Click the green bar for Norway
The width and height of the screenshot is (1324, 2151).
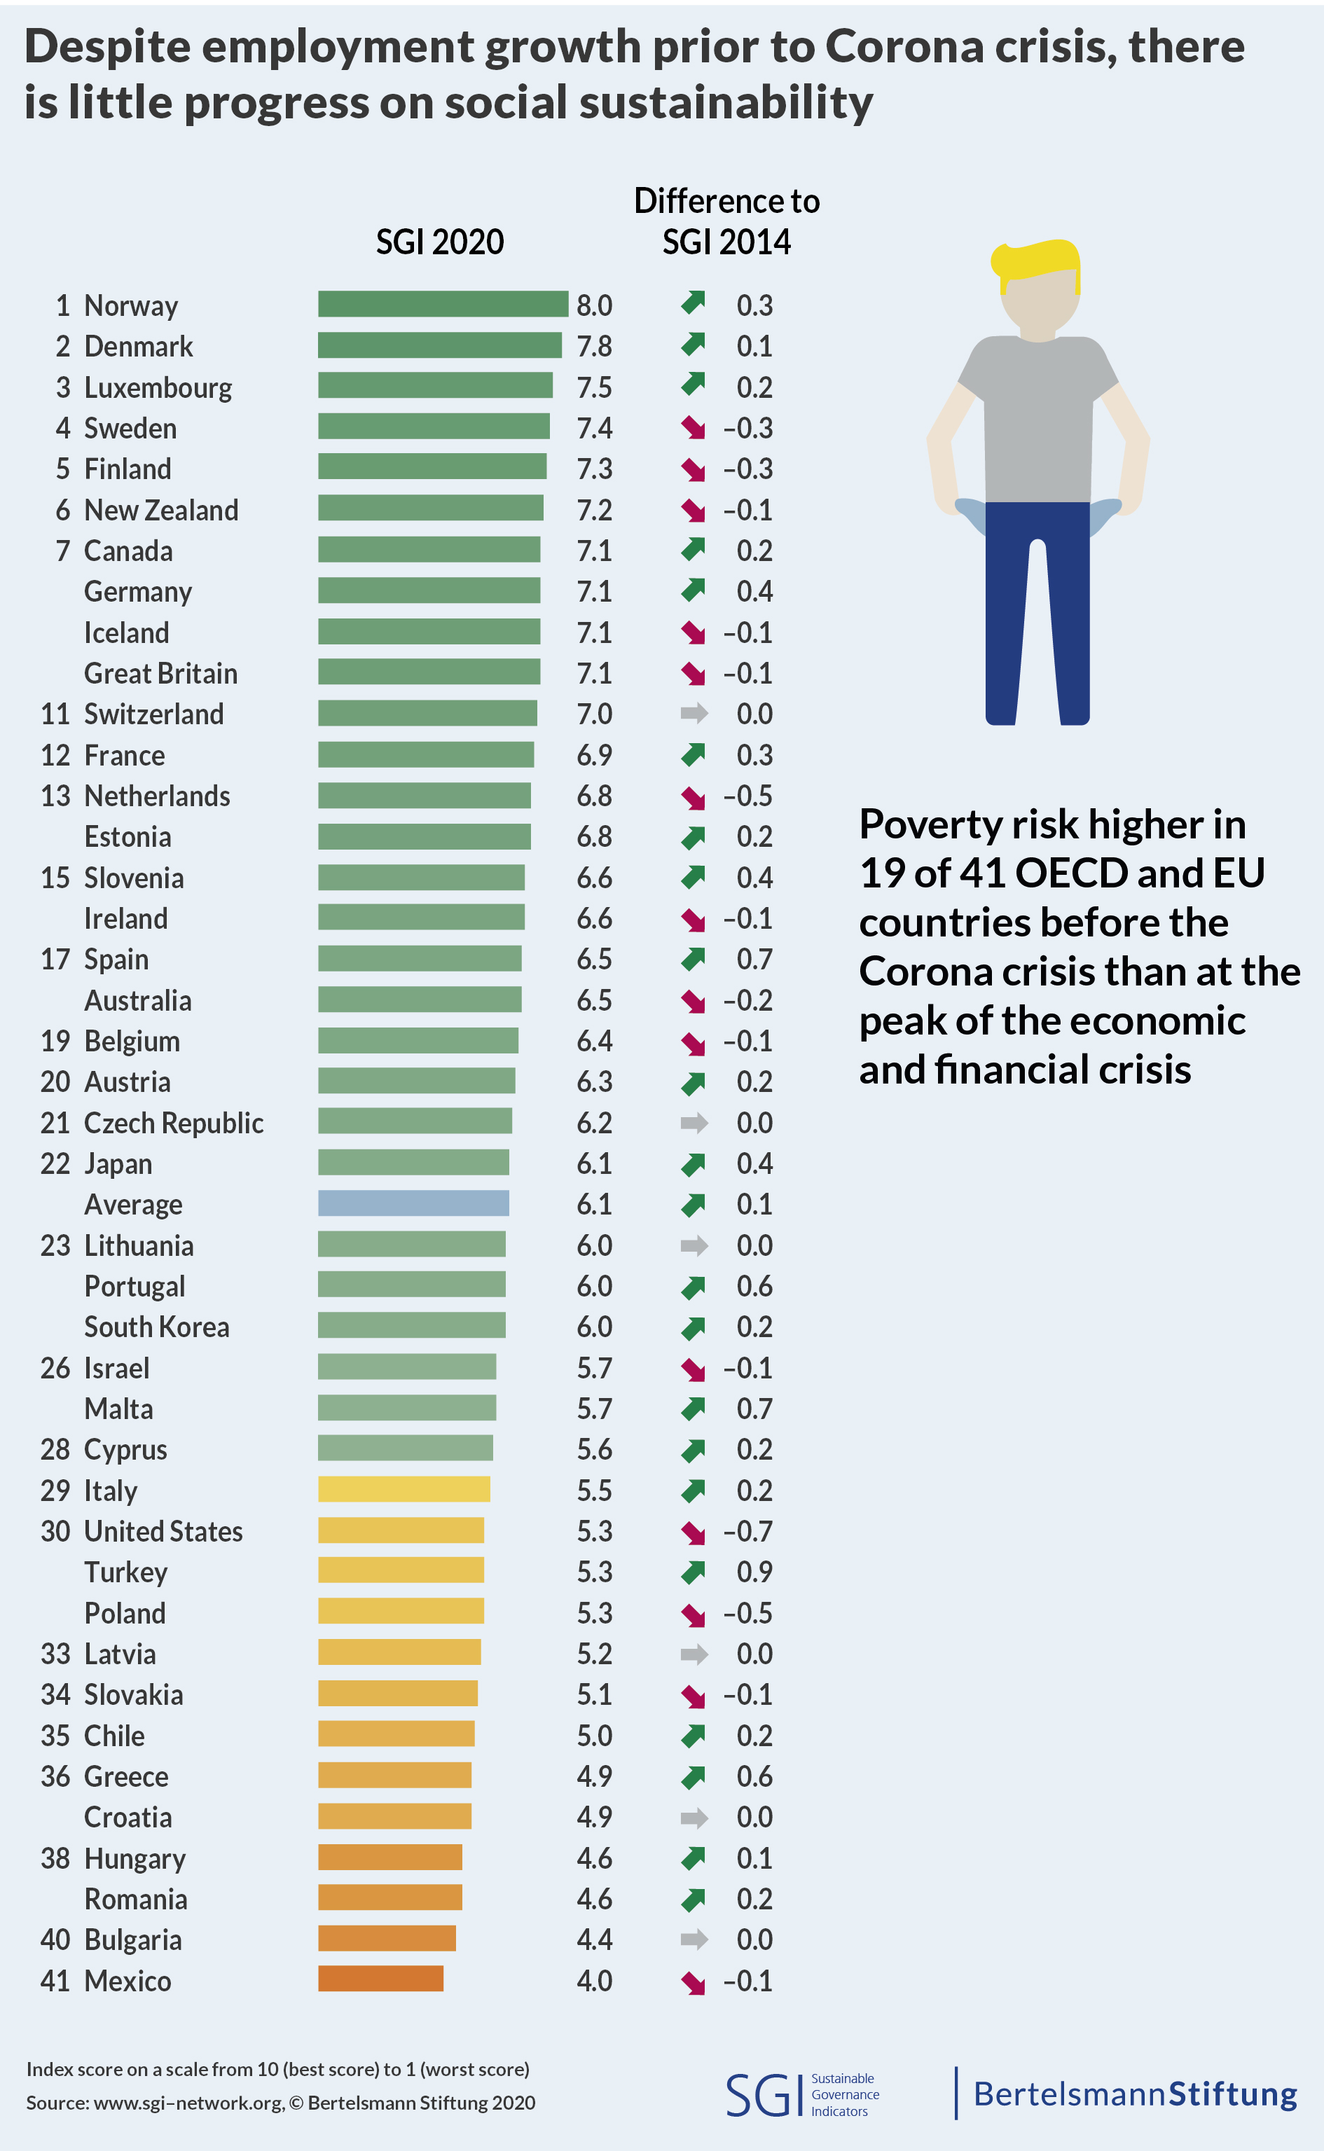[x=442, y=304]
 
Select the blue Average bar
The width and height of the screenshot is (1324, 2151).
[x=413, y=1203]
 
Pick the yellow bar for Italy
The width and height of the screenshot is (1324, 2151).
[x=404, y=1488]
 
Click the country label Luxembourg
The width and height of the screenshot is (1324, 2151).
[x=158, y=387]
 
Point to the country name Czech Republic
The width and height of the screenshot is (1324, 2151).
[x=174, y=1122]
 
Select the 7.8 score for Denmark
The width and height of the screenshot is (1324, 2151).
[x=594, y=347]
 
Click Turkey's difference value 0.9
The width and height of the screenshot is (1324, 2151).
[x=754, y=1572]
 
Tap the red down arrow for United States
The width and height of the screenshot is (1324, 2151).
[x=693, y=1532]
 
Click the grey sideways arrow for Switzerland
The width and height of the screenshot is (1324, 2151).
[x=694, y=714]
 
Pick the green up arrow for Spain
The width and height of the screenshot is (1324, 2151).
[x=693, y=960]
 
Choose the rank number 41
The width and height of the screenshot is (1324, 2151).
[x=55, y=1980]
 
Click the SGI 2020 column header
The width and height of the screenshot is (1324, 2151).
[x=440, y=242]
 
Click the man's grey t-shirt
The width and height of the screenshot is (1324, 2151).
[x=1037, y=411]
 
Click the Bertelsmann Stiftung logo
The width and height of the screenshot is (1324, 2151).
[x=1135, y=2094]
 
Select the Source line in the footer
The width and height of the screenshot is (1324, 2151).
[x=280, y=2102]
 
